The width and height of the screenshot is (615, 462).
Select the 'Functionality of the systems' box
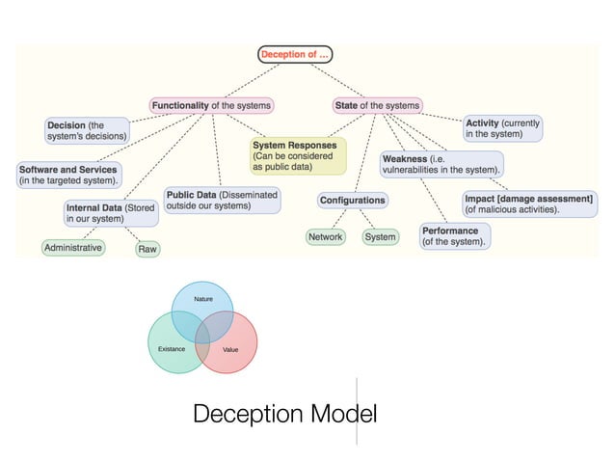(x=211, y=104)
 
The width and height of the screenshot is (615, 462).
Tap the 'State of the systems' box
(x=377, y=104)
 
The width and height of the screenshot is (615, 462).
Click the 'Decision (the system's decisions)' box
(x=88, y=131)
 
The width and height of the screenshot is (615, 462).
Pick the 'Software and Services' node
(x=68, y=175)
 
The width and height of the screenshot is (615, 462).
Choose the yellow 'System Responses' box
(x=297, y=155)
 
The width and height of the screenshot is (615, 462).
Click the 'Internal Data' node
(x=109, y=212)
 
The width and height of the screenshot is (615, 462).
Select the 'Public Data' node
(x=222, y=200)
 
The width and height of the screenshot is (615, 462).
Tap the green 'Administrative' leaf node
(x=73, y=248)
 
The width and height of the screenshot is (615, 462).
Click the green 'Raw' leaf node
(x=147, y=249)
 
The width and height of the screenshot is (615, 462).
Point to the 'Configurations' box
(x=353, y=201)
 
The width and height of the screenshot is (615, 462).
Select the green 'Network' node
(x=325, y=236)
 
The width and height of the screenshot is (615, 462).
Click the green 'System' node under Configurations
(x=380, y=236)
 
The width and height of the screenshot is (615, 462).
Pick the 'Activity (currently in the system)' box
(x=502, y=129)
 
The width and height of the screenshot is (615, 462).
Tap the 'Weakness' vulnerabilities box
(x=441, y=163)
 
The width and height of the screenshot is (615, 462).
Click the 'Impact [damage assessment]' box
(x=529, y=203)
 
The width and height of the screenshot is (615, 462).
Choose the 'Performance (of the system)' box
(x=454, y=236)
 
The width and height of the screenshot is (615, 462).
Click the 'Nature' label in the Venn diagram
(x=203, y=300)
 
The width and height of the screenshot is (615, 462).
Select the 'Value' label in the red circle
(x=230, y=349)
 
